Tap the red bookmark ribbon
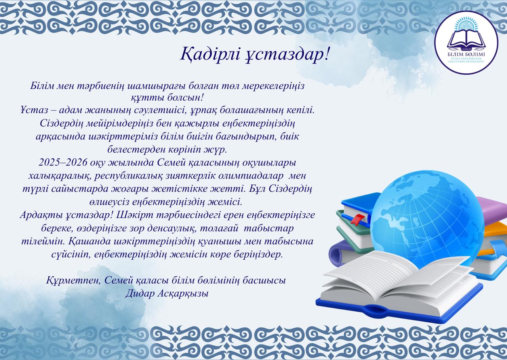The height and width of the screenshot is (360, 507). tap(358, 218)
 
